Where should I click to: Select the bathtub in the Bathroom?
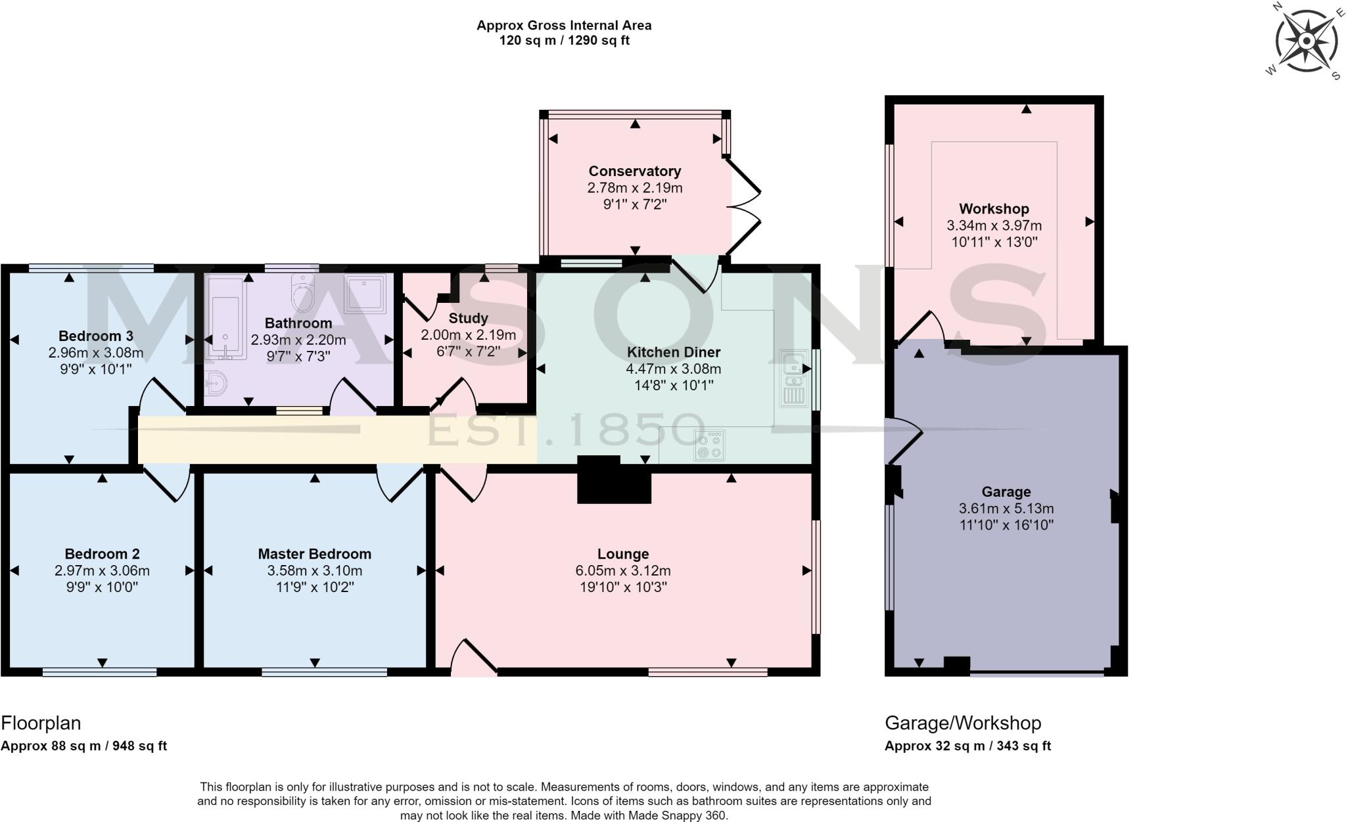tap(226, 318)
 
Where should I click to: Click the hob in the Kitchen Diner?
tap(710, 445)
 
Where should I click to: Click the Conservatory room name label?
tap(634, 171)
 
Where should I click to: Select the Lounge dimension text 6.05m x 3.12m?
tap(623, 570)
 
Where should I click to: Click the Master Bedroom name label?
tap(314, 554)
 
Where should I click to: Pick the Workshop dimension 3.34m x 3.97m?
tap(994, 225)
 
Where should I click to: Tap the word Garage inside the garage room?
tap(1006, 491)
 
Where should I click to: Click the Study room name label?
tap(468, 318)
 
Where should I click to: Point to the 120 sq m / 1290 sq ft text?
tap(564, 40)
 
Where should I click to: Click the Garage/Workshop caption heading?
tap(963, 723)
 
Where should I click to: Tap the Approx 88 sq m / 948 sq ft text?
tap(84, 746)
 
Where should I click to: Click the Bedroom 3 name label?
tap(95, 336)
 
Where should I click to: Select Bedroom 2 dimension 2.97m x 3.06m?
tap(102, 570)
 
